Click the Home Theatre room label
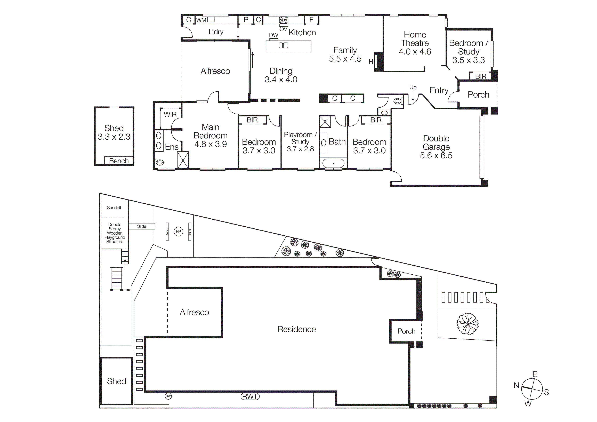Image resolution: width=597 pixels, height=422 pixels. click(x=415, y=39)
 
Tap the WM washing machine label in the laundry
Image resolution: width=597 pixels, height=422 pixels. click(x=201, y=20)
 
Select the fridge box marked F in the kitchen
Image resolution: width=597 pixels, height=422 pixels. click(x=311, y=20)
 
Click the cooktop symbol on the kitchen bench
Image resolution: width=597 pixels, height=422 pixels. click(x=283, y=20)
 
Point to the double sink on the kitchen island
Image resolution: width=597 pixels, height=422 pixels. click(x=283, y=45)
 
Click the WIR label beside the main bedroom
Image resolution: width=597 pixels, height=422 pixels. click(x=170, y=114)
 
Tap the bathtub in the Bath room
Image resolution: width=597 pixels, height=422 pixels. click(x=333, y=163)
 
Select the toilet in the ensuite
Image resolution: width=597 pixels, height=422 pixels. click(x=159, y=163)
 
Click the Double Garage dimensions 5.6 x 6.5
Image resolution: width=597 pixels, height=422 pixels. click(x=436, y=155)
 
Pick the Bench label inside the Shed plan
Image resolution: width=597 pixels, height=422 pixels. click(x=119, y=161)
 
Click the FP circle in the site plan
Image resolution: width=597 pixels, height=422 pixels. click(x=178, y=231)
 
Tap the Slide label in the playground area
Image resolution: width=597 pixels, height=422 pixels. click(x=141, y=226)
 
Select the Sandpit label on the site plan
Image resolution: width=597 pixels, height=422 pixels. click(x=114, y=208)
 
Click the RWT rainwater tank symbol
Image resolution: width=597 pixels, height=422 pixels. click(x=250, y=396)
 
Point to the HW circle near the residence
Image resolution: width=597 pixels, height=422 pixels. click(x=168, y=396)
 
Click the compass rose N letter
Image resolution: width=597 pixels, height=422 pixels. click(x=516, y=386)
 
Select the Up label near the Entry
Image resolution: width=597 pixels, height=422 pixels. click(x=413, y=87)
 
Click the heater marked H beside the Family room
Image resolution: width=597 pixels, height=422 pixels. click(x=371, y=62)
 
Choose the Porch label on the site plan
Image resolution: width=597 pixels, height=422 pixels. click(x=406, y=331)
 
